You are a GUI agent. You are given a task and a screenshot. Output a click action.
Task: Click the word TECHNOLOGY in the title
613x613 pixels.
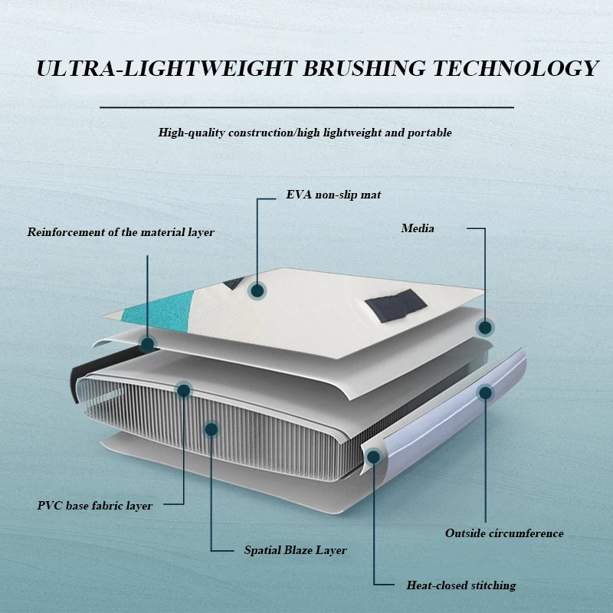515,68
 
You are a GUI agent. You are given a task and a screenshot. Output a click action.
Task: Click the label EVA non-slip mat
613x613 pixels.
333,195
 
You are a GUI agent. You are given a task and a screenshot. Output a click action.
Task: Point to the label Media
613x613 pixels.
418,228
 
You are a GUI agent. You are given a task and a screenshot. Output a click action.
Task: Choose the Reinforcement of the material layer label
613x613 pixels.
121,232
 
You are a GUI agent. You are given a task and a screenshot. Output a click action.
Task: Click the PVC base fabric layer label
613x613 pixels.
95,506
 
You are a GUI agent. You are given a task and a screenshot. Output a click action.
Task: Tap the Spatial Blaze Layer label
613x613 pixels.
295,550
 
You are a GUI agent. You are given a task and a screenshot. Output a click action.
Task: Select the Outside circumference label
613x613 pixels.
504,533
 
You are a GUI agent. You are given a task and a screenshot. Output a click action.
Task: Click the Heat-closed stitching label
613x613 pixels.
461,585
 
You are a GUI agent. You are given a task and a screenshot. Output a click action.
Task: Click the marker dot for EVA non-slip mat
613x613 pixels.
257,290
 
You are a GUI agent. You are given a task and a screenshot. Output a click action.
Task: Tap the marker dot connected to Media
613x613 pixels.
484,328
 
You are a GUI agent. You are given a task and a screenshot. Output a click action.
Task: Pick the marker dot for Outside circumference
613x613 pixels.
485,393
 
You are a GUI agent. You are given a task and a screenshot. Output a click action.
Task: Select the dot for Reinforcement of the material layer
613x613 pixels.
146,344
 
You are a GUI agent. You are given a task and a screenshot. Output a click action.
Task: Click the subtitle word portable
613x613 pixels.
431,133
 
